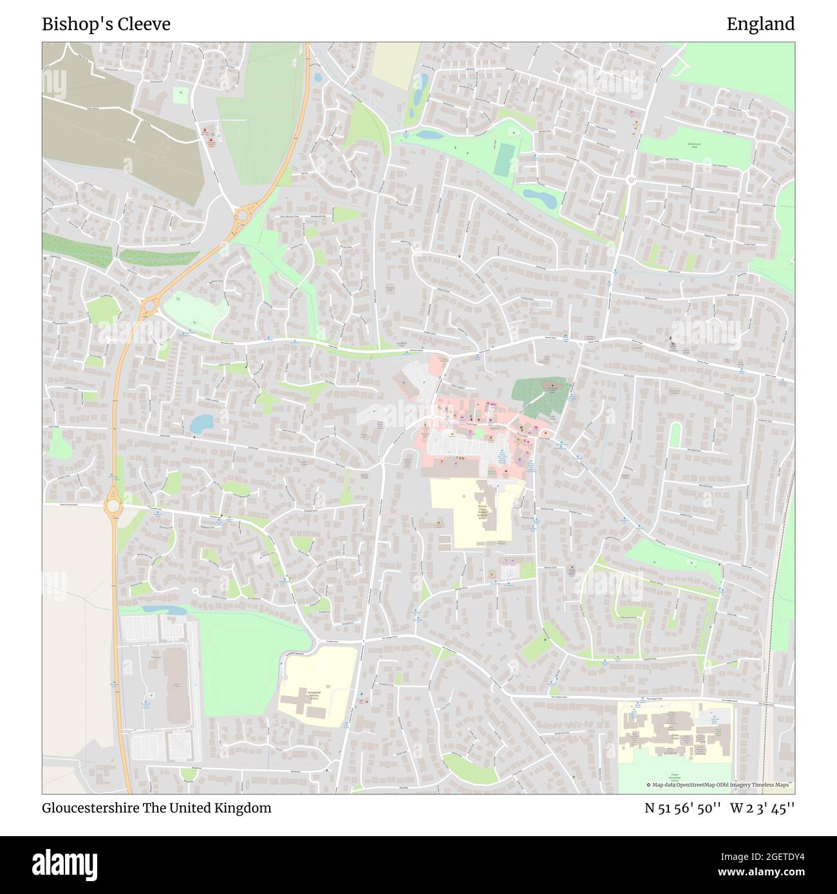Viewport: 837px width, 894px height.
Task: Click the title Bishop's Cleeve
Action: point(106,24)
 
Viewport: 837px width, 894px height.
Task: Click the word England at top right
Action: point(760,24)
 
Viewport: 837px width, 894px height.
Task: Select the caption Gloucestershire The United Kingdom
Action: point(156,808)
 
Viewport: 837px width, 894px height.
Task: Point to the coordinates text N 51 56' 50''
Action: point(682,808)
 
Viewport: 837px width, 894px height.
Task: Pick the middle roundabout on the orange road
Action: point(151,306)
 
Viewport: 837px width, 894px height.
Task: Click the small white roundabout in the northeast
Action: point(631,179)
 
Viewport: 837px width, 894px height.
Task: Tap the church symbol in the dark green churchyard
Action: point(550,387)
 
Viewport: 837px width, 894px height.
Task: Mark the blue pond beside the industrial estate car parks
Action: point(155,609)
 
